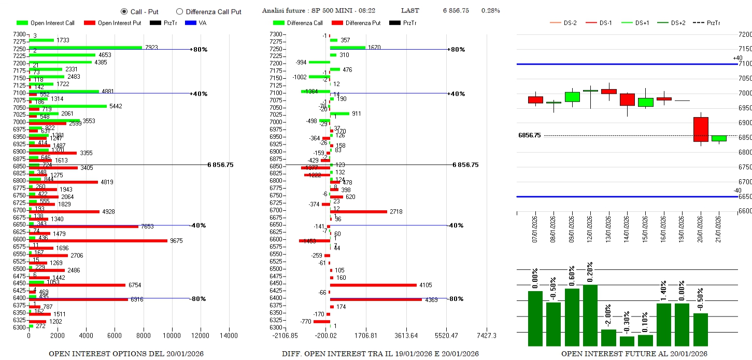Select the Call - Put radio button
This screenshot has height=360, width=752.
[124, 11]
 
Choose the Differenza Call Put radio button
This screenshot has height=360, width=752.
[179, 11]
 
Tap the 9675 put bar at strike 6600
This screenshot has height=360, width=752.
[98, 241]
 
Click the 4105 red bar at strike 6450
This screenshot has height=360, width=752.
[373, 285]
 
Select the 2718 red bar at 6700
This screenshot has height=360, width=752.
[359, 211]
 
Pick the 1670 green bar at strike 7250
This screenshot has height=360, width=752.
[348, 48]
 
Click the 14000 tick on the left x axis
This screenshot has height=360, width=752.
[229, 336]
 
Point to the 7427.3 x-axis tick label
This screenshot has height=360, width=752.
[486, 336]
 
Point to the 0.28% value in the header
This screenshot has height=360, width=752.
[490, 11]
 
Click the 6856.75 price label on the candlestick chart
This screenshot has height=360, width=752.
[529, 135]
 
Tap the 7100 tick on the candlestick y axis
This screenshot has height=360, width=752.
[744, 64]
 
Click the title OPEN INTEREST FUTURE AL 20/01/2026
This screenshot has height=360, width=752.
[634, 354]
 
